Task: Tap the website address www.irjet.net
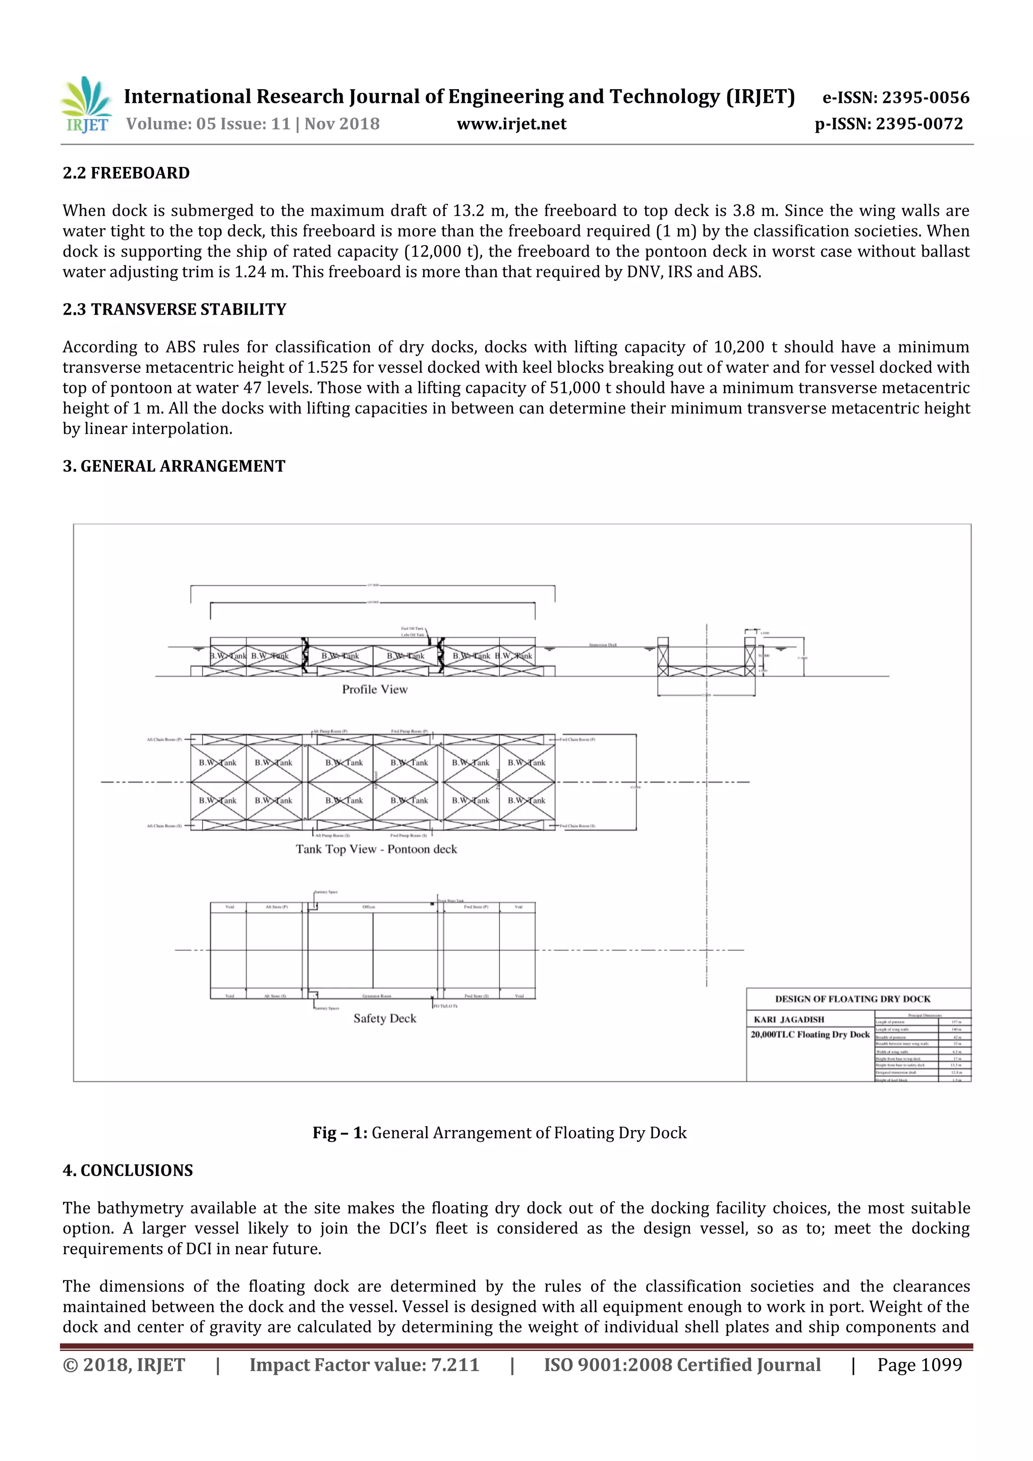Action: tap(511, 124)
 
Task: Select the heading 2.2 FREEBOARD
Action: tap(126, 173)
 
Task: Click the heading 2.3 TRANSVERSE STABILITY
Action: tap(175, 309)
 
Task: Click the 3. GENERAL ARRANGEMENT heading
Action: tap(174, 466)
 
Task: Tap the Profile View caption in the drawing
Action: tap(374, 689)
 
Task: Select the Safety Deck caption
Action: tap(384, 1018)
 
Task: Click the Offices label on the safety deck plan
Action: tap(369, 907)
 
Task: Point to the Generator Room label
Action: tap(376, 996)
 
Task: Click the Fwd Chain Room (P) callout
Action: tap(578, 739)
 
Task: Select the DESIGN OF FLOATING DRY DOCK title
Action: tap(852, 999)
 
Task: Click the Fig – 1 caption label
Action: tap(339, 1133)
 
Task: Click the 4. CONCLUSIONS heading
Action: tap(127, 1170)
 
